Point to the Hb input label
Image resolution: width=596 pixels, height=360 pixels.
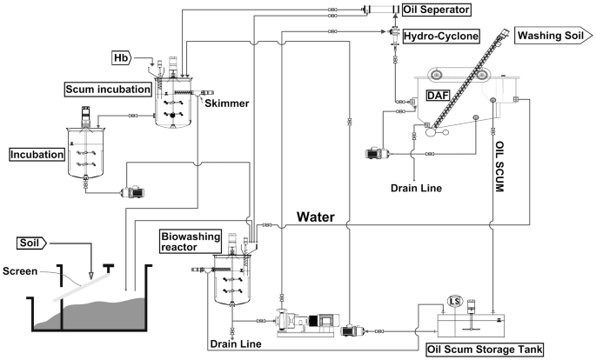(x=124, y=58)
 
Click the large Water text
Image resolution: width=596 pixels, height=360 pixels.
(x=316, y=216)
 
